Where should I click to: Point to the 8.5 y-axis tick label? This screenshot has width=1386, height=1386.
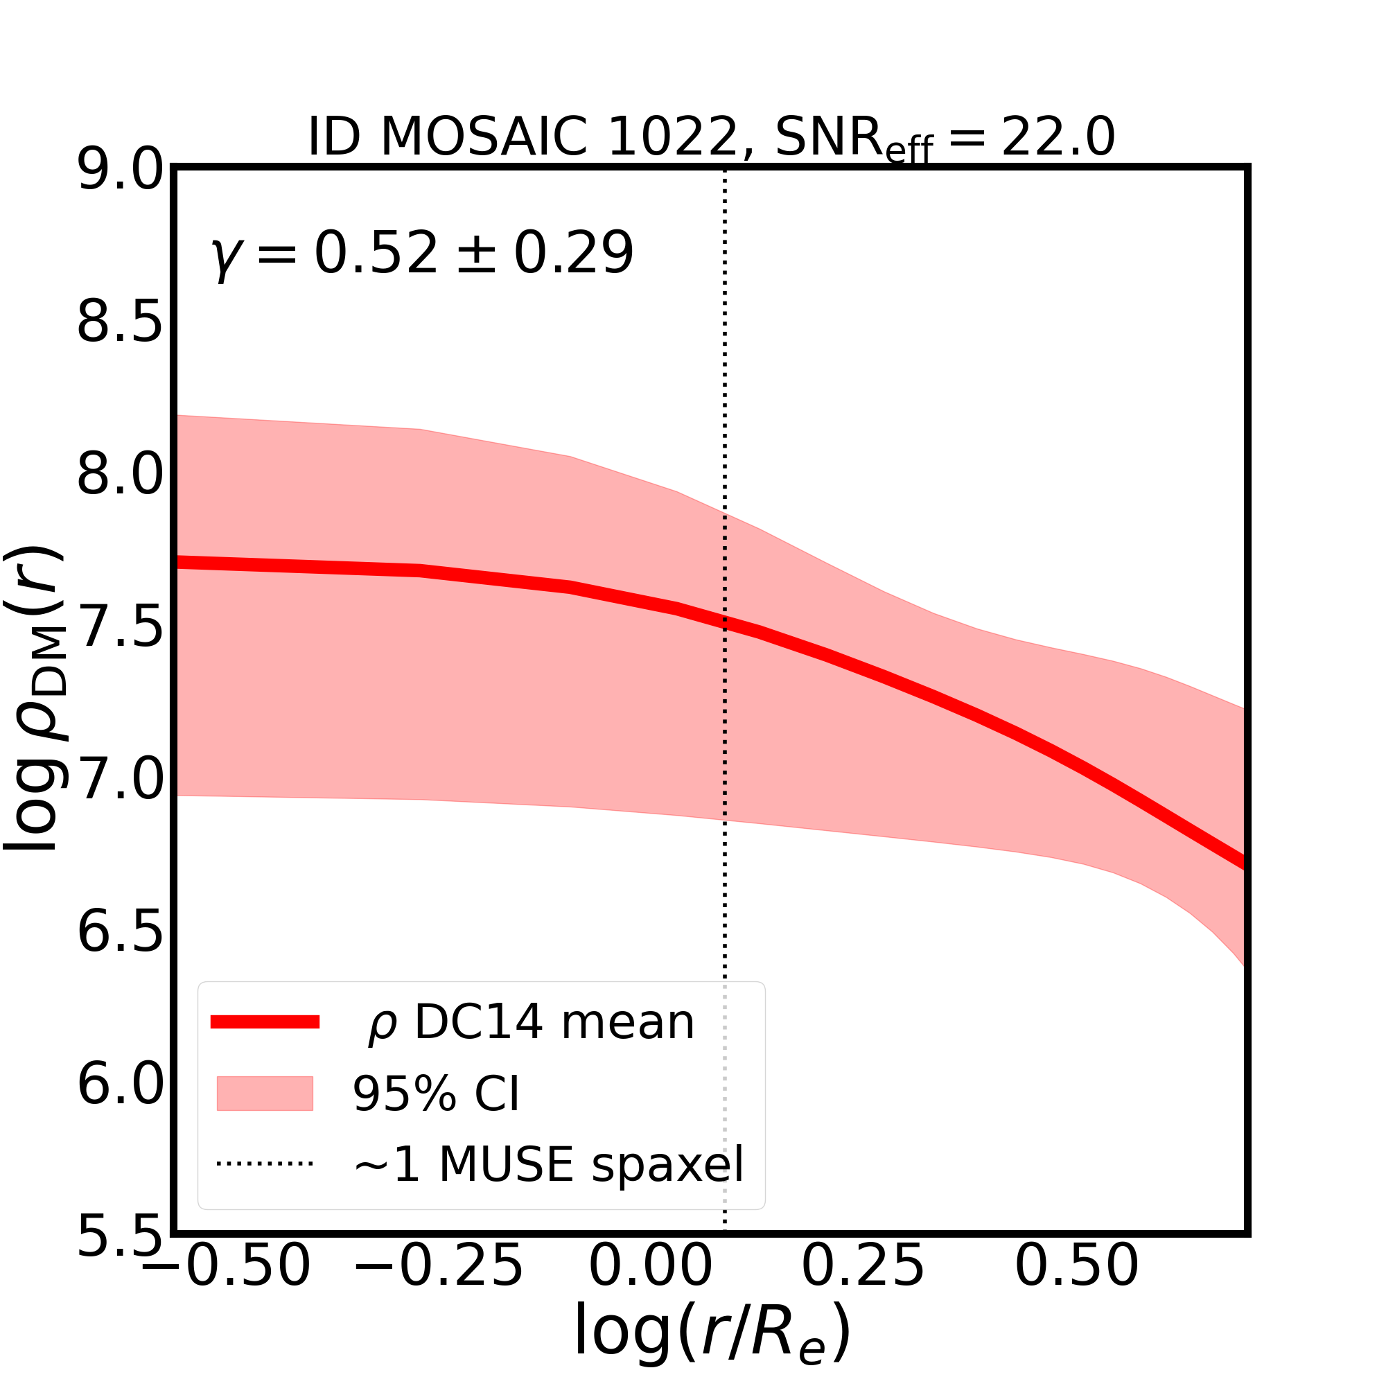(121, 324)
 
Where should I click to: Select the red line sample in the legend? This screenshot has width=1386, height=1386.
(265, 1022)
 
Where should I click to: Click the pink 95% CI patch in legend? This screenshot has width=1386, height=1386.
(265, 1094)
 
